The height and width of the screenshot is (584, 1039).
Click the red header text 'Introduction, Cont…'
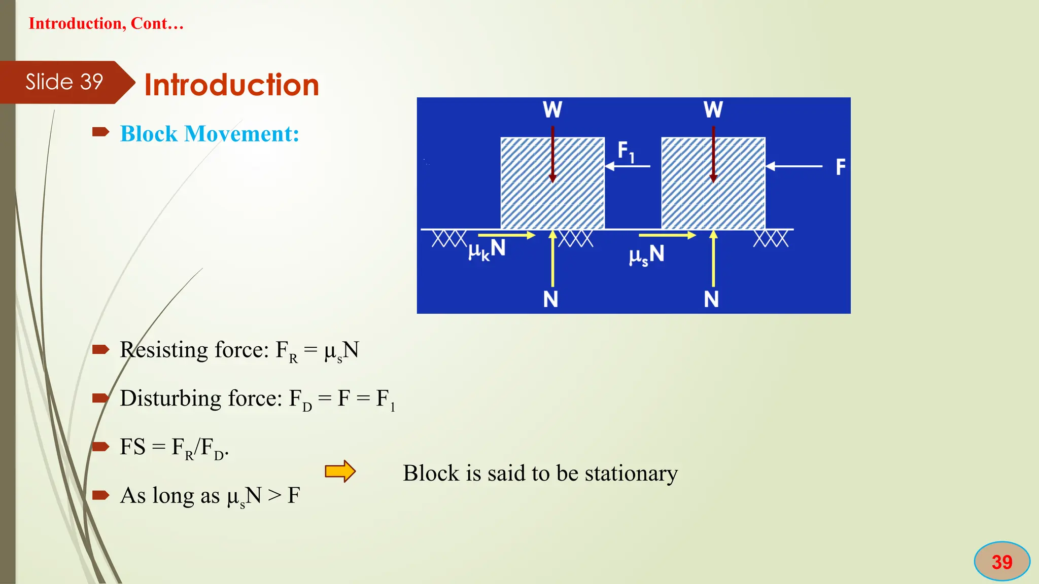106,23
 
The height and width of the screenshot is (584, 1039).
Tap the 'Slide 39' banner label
64,82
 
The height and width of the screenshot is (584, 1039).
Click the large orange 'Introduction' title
232,85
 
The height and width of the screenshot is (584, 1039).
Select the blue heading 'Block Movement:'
210,134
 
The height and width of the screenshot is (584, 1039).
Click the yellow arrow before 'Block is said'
340,471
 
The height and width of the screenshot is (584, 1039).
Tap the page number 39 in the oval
1001,562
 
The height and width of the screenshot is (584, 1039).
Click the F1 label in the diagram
626,152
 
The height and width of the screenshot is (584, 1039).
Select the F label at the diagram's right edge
841,167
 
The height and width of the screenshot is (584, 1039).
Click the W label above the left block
552,109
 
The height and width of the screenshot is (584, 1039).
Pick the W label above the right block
713,109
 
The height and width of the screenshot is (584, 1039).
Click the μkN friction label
487,249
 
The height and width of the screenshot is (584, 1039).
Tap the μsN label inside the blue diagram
646,254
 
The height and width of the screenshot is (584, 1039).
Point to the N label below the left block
550,299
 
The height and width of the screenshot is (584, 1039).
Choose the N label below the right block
711,299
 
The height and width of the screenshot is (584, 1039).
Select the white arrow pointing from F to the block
794,166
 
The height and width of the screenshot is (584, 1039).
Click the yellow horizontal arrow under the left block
506,235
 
